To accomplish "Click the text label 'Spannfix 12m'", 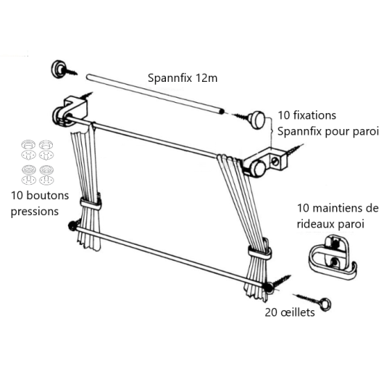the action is click(183, 78).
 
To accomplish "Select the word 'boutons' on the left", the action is click(47, 196).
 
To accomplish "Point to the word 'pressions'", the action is click(35, 212).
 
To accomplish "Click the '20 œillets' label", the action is click(290, 312).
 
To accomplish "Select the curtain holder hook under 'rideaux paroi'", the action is click(332, 257).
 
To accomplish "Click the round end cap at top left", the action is click(58, 69).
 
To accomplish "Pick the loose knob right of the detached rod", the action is click(257, 120).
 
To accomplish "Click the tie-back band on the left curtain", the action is click(91, 204).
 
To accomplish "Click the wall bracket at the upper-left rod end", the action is click(71, 112).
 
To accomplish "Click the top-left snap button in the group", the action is click(28, 144).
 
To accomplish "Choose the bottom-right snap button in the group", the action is click(46, 180).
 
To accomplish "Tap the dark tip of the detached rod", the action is click(222, 112).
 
